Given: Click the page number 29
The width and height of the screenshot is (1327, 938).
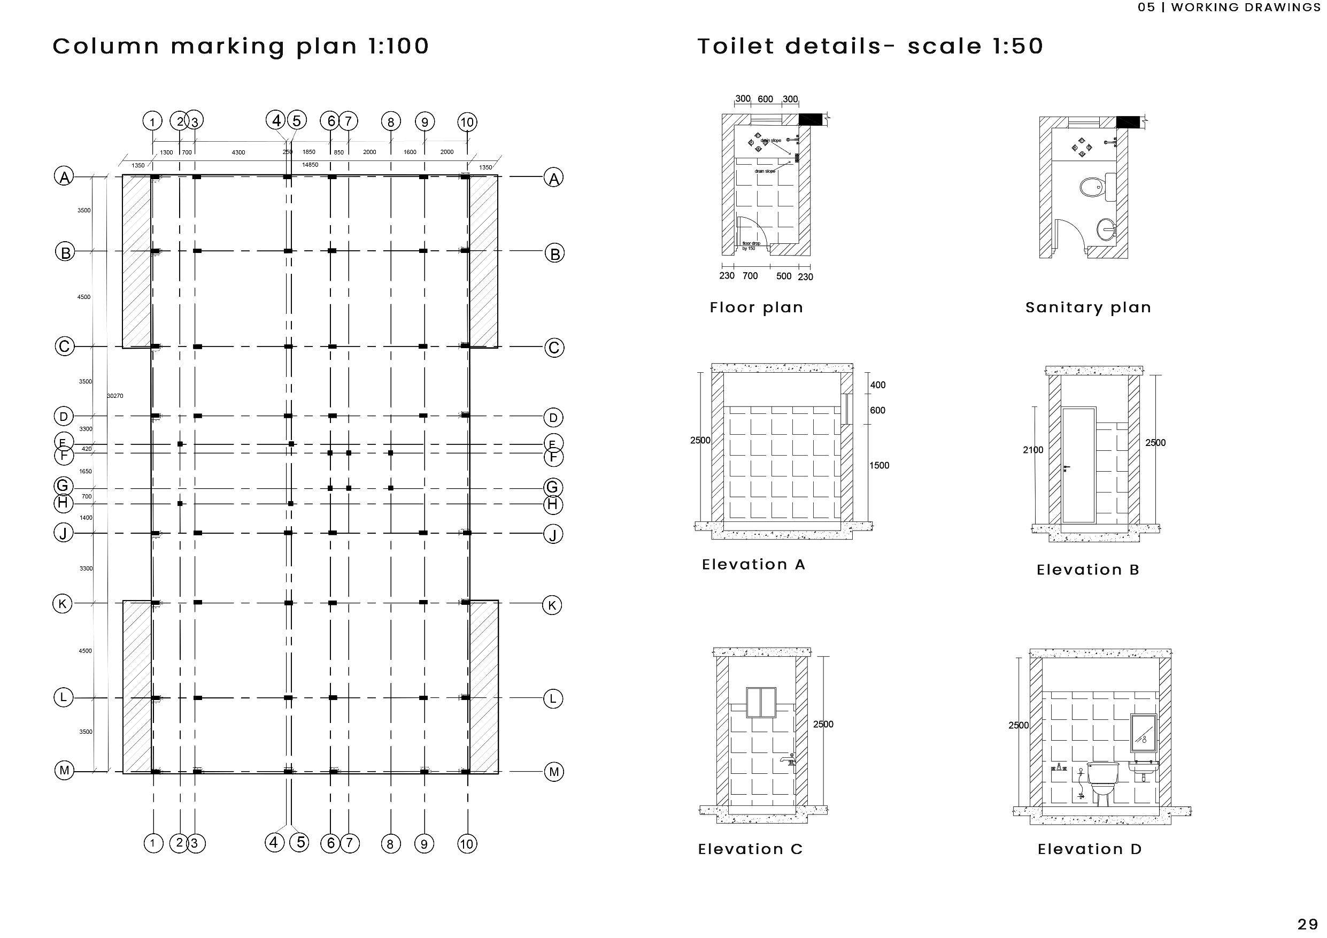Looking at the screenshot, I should pos(1307,925).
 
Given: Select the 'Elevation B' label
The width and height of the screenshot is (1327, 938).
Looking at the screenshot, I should pos(1087,570).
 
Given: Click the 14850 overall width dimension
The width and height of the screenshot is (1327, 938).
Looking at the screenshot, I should pos(311,165).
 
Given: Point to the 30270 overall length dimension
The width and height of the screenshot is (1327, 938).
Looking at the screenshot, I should pos(115,396).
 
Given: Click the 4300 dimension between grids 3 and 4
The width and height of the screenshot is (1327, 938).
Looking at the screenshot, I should pos(238,152).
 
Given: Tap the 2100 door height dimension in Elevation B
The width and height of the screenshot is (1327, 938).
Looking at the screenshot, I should pos(1033,450).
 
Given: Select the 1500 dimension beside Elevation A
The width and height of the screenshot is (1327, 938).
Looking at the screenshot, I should pos(879,465).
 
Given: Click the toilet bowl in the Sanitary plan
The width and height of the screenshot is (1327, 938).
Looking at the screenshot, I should pos(1091,187).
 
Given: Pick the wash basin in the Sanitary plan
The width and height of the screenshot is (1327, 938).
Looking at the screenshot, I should pos(1106,229).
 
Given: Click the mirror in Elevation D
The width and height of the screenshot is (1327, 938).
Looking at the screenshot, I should pos(1143,733).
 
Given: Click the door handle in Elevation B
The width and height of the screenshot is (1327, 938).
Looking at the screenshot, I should pos(1066,467).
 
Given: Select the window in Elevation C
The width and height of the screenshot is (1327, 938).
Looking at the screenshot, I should pos(761,702).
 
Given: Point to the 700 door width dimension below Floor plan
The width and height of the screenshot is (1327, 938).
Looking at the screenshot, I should pos(750,276).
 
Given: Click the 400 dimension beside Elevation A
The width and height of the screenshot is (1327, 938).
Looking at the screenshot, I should pos(877,385).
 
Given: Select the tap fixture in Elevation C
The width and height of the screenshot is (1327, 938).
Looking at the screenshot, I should pos(787,759).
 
